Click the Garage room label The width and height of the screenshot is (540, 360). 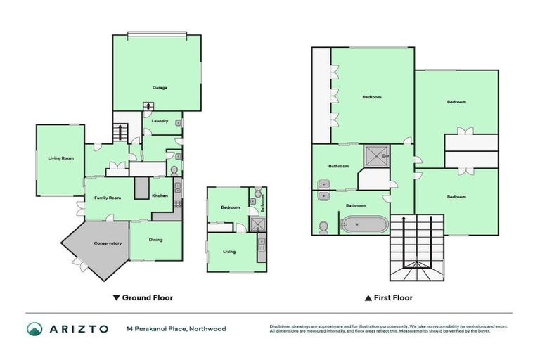(160, 88)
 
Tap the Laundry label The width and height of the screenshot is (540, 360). (160, 121)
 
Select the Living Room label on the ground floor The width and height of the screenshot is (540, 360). (61, 158)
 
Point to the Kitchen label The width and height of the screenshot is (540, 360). (160, 195)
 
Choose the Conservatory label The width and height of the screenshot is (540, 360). (108, 243)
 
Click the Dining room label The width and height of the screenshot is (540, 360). (155, 240)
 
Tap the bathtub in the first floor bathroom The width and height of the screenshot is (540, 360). (364, 225)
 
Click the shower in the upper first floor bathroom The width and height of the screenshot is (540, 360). (377, 155)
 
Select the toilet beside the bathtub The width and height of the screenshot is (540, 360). (324, 227)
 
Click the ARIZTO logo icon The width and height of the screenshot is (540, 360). (34, 329)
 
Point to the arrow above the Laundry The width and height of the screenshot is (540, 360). (148, 106)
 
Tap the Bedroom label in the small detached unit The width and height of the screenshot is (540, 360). (230, 207)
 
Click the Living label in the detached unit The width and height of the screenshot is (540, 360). (229, 251)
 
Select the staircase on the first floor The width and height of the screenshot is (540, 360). (418, 246)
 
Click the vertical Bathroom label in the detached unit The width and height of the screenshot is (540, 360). (263, 204)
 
